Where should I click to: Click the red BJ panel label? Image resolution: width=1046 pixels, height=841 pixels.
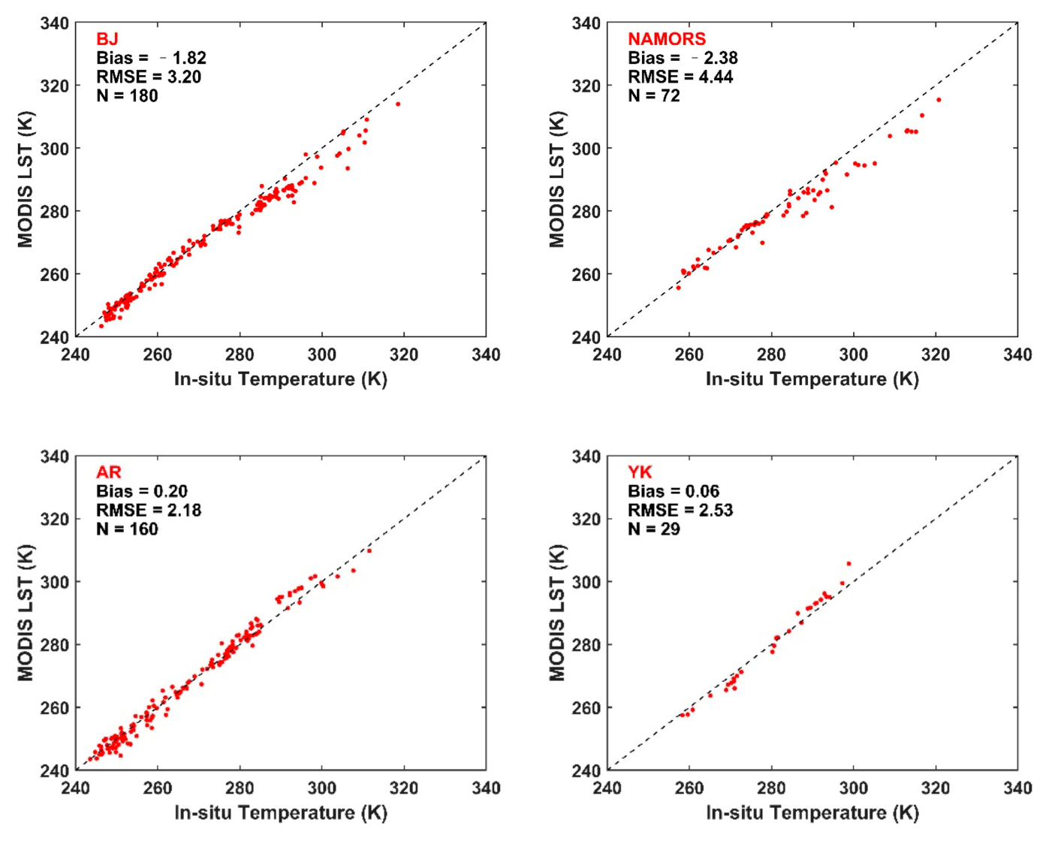pos(107,39)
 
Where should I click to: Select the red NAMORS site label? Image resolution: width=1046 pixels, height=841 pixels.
pos(666,39)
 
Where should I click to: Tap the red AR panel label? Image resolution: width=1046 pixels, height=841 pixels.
pos(109,472)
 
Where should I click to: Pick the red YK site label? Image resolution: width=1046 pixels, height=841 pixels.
pos(640,472)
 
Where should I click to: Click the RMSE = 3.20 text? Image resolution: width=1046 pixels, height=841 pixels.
pos(148,77)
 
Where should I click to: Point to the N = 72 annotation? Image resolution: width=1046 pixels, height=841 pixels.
pos(653,95)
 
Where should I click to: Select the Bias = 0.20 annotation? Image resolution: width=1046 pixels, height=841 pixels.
pos(142,491)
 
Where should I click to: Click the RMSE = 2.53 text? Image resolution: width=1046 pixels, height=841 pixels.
pos(680,510)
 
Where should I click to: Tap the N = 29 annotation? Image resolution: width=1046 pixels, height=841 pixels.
pos(653,529)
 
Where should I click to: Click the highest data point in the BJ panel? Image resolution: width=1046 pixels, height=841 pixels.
pos(398,104)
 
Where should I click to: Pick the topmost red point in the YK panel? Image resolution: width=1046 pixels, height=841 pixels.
pos(849,563)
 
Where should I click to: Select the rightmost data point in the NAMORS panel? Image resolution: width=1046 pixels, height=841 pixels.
pos(939,100)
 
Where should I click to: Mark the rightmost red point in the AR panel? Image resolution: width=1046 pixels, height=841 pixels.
pos(369,551)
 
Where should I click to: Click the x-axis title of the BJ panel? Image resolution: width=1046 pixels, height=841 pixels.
pos(280,379)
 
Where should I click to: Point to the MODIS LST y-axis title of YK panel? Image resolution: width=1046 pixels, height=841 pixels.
pos(556,613)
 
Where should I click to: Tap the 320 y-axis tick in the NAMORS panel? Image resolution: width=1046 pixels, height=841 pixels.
pos(586,86)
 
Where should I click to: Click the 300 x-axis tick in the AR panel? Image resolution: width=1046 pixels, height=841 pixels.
pos(321,788)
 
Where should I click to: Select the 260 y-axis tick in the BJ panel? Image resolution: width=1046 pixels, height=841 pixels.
pos(54,274)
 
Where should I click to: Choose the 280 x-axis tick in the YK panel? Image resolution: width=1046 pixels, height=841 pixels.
pos(771,788)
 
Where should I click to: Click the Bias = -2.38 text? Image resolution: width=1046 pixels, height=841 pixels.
pos(682,58)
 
